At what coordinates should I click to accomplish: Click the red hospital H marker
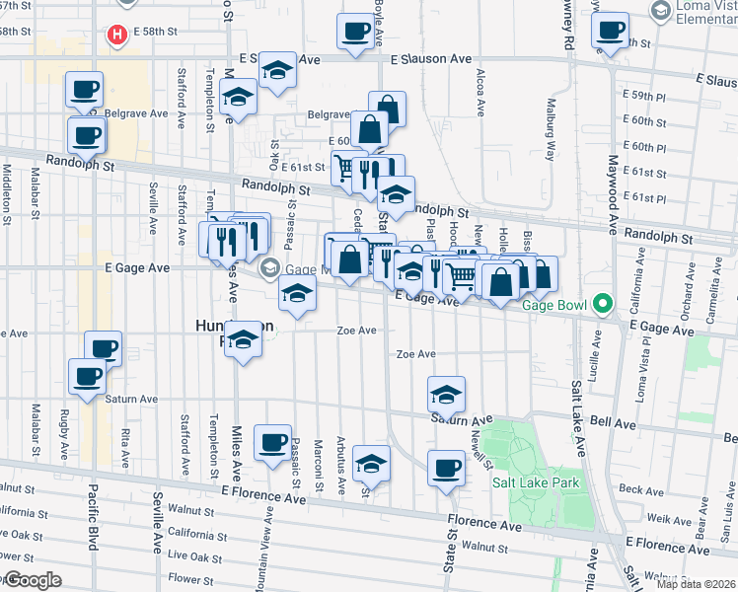(118, 36)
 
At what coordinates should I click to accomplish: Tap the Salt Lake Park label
(536, 482)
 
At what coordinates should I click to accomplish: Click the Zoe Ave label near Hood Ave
(415, 354)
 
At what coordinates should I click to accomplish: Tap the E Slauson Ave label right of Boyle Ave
(431, 59)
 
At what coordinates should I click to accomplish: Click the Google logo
(32, 580)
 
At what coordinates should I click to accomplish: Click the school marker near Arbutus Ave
(371, 463)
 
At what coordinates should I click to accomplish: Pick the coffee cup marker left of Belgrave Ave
(85, 90)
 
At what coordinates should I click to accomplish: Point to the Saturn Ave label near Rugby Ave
(133, 400)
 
